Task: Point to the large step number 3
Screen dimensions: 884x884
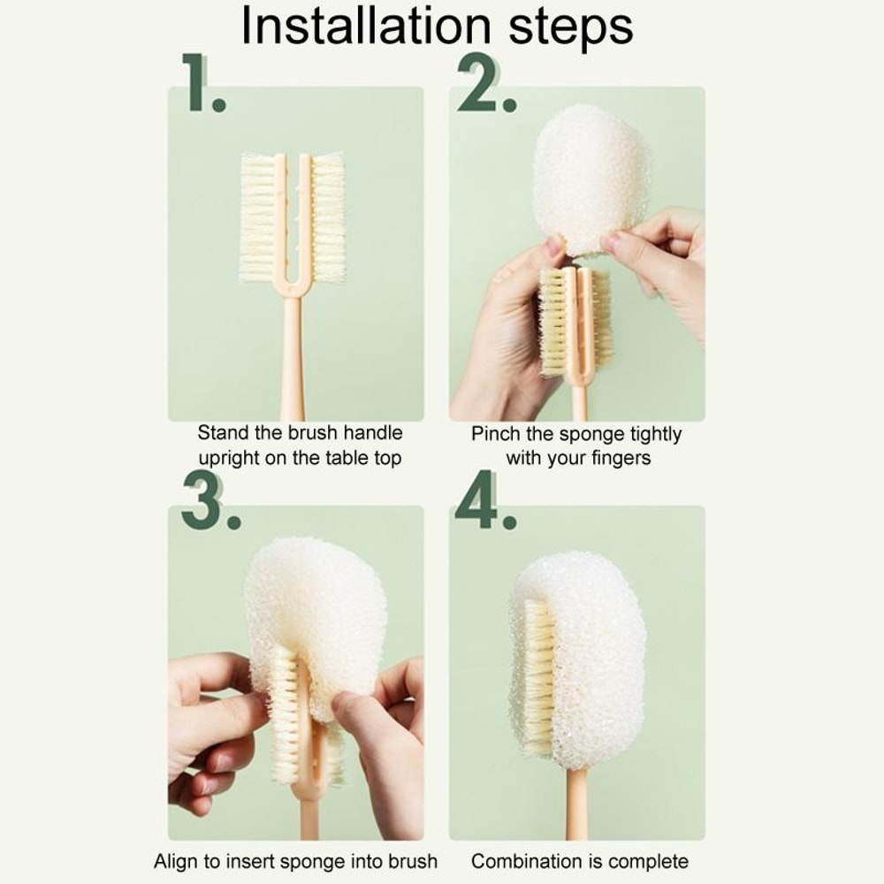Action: coord(209,502)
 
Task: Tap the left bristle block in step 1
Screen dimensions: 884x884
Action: coord(257,218)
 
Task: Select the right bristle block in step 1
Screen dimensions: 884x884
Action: coord(328,218)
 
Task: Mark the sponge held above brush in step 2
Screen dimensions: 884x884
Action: coord(590,177)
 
